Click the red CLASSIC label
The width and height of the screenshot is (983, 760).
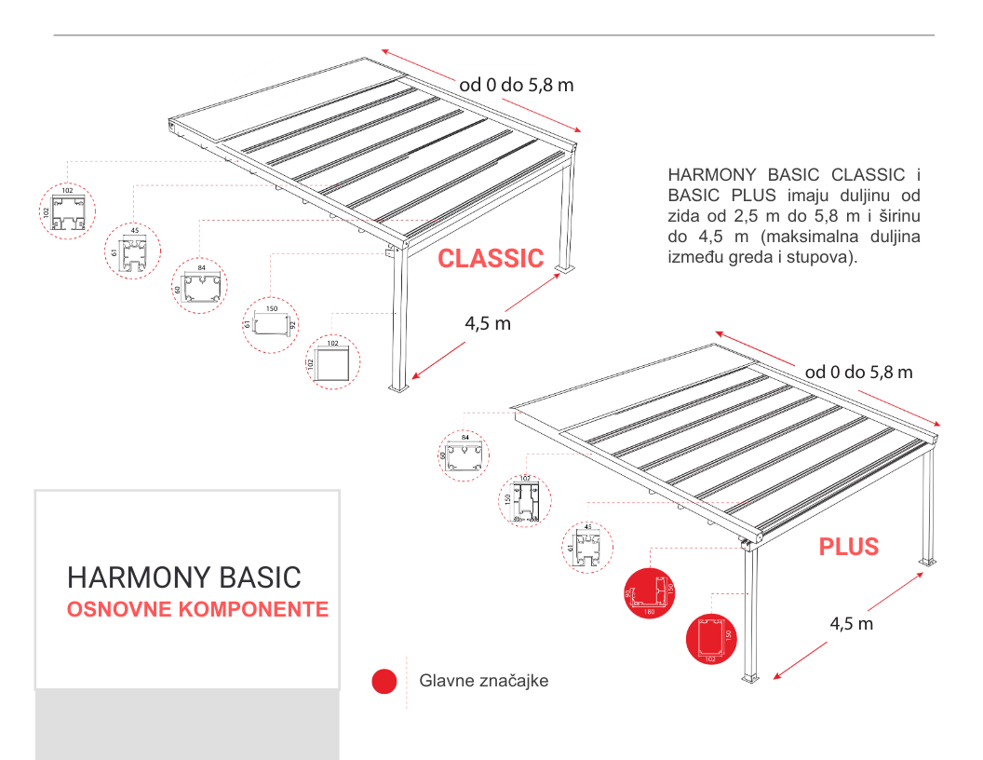point(491,259)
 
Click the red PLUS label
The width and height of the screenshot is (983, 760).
point(848,547)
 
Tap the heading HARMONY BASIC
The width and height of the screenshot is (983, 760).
point(184,577)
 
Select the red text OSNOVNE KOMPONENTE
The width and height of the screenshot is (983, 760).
point(197,610)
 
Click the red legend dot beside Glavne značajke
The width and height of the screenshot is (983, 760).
point(384,682)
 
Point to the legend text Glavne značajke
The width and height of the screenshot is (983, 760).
point(483,681)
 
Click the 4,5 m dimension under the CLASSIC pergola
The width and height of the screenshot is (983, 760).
point(488,323)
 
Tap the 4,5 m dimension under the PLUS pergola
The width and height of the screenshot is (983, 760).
point(851,623)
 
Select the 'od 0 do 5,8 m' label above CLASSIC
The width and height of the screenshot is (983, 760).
point(516,85)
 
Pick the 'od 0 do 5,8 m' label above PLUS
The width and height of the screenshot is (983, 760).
point(858,373)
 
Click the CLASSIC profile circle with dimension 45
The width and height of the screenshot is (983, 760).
point(132,251)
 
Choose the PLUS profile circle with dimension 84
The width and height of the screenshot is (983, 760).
point(465,455)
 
